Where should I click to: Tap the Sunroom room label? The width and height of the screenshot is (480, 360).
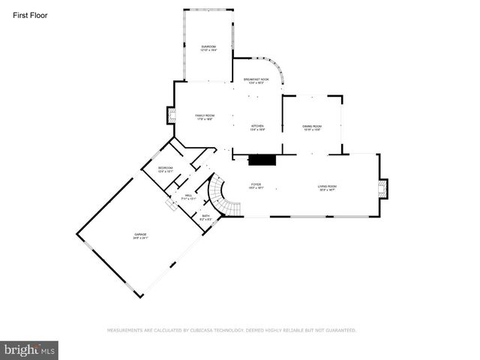pyautogui.click(x=208, y=48)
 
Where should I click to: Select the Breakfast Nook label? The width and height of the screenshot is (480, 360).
pyautogui.click(x=256, y=80)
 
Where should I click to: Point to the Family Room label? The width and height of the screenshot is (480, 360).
pyautogui.click(x=205, y=117)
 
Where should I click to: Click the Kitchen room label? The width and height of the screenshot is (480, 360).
pyautogui.click(x=257, y=127)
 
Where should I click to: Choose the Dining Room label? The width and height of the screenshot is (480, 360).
pyautogui.click(x=312, y=127)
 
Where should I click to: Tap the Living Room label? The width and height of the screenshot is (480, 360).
pyautogui.click(x=327, y=188)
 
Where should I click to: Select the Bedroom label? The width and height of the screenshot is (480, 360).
pyautogui.click(x=165, y=169)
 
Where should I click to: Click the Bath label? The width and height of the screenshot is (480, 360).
pyautogui.click(x=206, y=217)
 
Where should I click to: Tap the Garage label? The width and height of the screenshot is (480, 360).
pyautogui.click(x=140, y=236)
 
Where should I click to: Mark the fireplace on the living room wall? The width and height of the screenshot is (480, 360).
pyautogui.click(x=383, y=188)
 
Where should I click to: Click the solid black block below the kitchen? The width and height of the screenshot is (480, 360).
pyautogui.click(x=262, y=159)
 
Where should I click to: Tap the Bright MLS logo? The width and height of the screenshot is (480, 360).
pyautogui.click(x=29, y=349)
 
